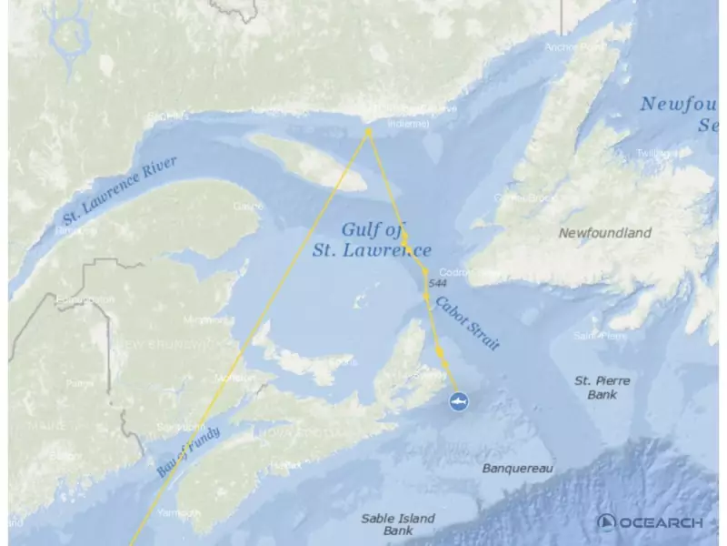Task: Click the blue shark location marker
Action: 460,401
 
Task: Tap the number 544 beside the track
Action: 436,285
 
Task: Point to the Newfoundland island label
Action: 604,233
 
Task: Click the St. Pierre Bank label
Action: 602,387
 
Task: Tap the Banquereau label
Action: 518,469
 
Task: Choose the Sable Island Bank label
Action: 398,524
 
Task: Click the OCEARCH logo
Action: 651,522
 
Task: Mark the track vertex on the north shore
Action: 369,132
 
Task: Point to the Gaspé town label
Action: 247,207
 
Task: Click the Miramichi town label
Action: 207,320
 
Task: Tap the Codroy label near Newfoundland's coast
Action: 454,272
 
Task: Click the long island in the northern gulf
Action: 307,162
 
